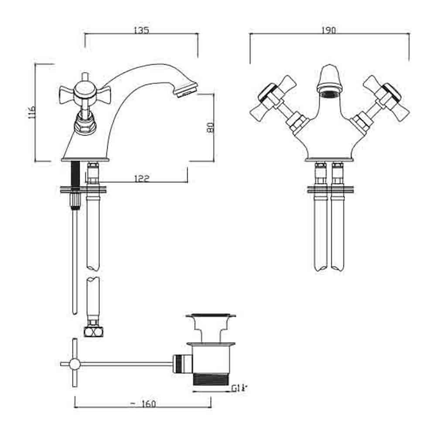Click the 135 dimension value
pyautogui.click(x=142, y=31)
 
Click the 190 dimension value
pyautogui.click(x=329, y=31)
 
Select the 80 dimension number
pyautogui.click(x=210, y=127)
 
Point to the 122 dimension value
pyautogui.click(x=142, y=178)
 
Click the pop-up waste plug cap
pyautogui.click(x=211, y=316)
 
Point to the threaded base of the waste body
pyautogui.click(x=211, y=379)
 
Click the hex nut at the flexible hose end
pyautogui.click(x=93, y=331)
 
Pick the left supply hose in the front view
pyautogui.click(x=320, y=231)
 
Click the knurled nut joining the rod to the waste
pyautogui.click(x=181, y=363)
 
